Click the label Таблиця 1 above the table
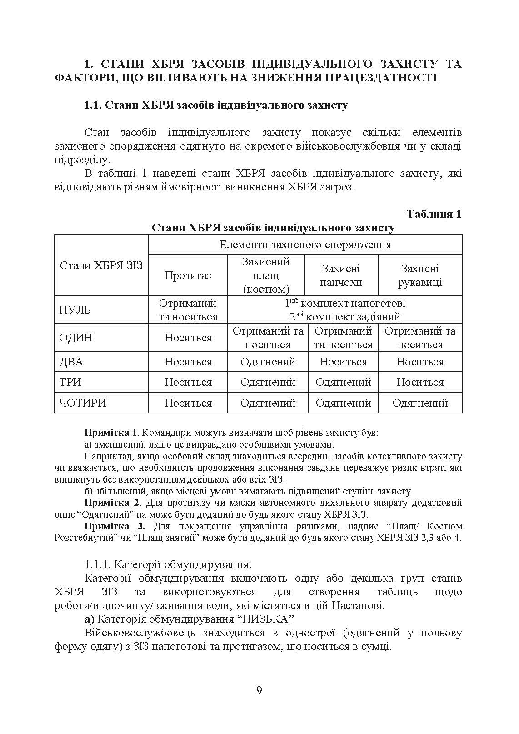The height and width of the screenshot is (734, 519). pyautogui.click(x=434, y=214)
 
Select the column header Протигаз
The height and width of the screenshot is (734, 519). pyautogui.click(x=188, y=275)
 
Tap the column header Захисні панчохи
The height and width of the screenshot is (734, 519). pyautogui.click(x=341, y=275)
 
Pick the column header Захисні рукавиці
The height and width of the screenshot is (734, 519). pyautogui.click(x=420, y=275)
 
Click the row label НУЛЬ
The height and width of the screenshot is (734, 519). pyautogui.click(x=75, y=310)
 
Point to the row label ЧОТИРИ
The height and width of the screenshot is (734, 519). pyautogui.click(x=83, y=403)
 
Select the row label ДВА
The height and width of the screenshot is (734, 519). pyautogui.click(x=71, y=362)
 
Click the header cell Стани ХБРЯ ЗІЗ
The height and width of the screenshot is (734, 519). pyautogui.click(x=101, y=265)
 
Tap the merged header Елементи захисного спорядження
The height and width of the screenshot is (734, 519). pyautogui.click(x=305, y=245)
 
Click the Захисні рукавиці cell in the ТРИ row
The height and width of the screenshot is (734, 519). pyautogui.click(x=420, y=382)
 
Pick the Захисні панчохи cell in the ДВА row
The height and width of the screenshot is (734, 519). pyautogui.click(x=343, y=362)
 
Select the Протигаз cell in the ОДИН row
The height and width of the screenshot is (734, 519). pyautogui.click(x=188, y=338)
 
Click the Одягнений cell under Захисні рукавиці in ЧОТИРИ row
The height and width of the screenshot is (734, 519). pyautogui.click(x=420, y=403)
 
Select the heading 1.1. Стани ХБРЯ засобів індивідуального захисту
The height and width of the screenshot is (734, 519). pyautogui.click(x=216, y=105)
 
